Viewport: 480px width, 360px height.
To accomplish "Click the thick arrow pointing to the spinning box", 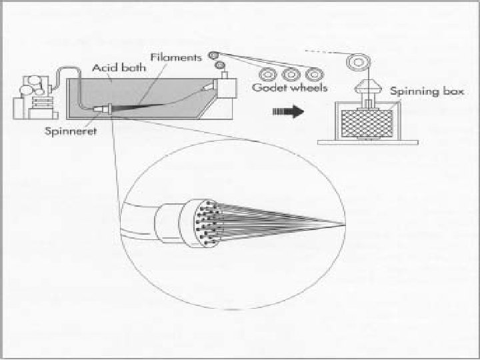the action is (x=284, y=113).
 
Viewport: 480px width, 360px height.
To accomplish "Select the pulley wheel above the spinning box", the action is (x=355, y=63).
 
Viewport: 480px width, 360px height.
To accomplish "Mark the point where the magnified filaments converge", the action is (x=344, y=224).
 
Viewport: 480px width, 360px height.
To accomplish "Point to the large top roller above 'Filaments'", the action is (x=213, y=56).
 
